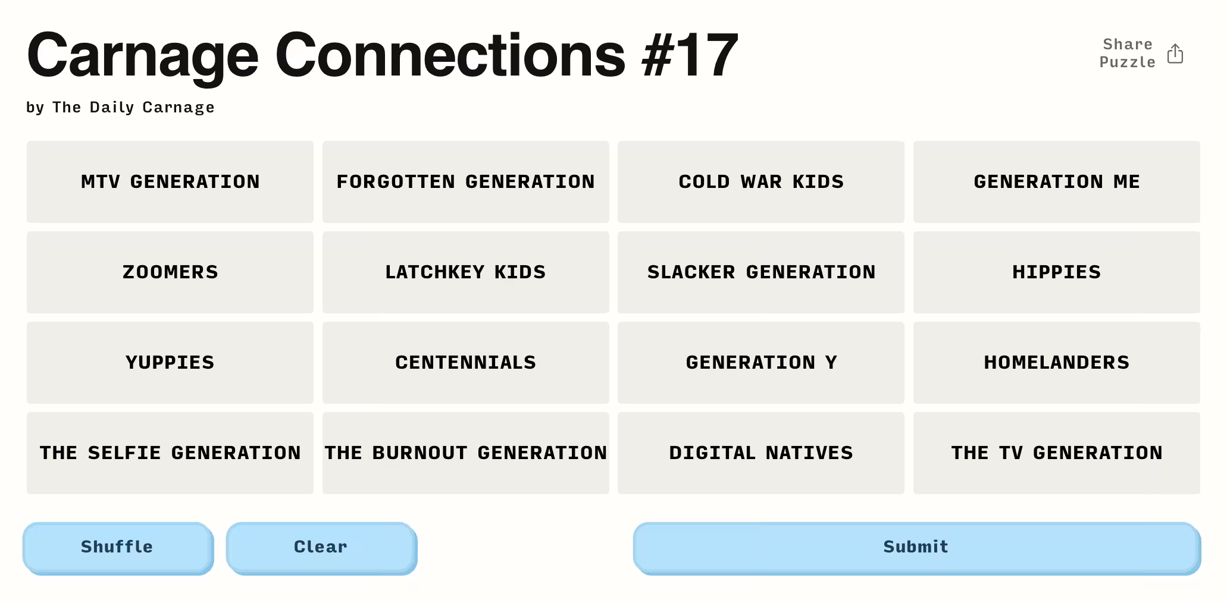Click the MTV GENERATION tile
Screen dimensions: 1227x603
point(170,182)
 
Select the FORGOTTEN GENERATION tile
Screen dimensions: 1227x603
point(466,182)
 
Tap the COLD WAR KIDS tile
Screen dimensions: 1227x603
point(761,182)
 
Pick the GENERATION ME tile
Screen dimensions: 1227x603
point(1057,182)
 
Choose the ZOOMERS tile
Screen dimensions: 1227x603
point(170,272)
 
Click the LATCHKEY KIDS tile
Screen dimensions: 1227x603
point(466,272)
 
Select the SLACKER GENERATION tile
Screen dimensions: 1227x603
point(761,272)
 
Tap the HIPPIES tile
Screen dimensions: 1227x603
point(1057,272)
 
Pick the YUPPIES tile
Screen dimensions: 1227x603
point(170,363)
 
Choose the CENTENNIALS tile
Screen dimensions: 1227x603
point(466,363)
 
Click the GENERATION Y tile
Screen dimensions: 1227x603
point(761,363)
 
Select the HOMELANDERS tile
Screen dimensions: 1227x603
point(1057,363)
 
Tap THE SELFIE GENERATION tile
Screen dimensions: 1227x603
point(170,453)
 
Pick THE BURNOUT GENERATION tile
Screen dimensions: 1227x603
point(466,453)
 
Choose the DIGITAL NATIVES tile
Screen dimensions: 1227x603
point(761,453)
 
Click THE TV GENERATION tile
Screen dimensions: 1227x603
point(1057,453)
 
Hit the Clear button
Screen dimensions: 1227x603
point(321,548)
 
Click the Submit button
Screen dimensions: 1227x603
point(917,548)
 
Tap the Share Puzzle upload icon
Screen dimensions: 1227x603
point(1175,54)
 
